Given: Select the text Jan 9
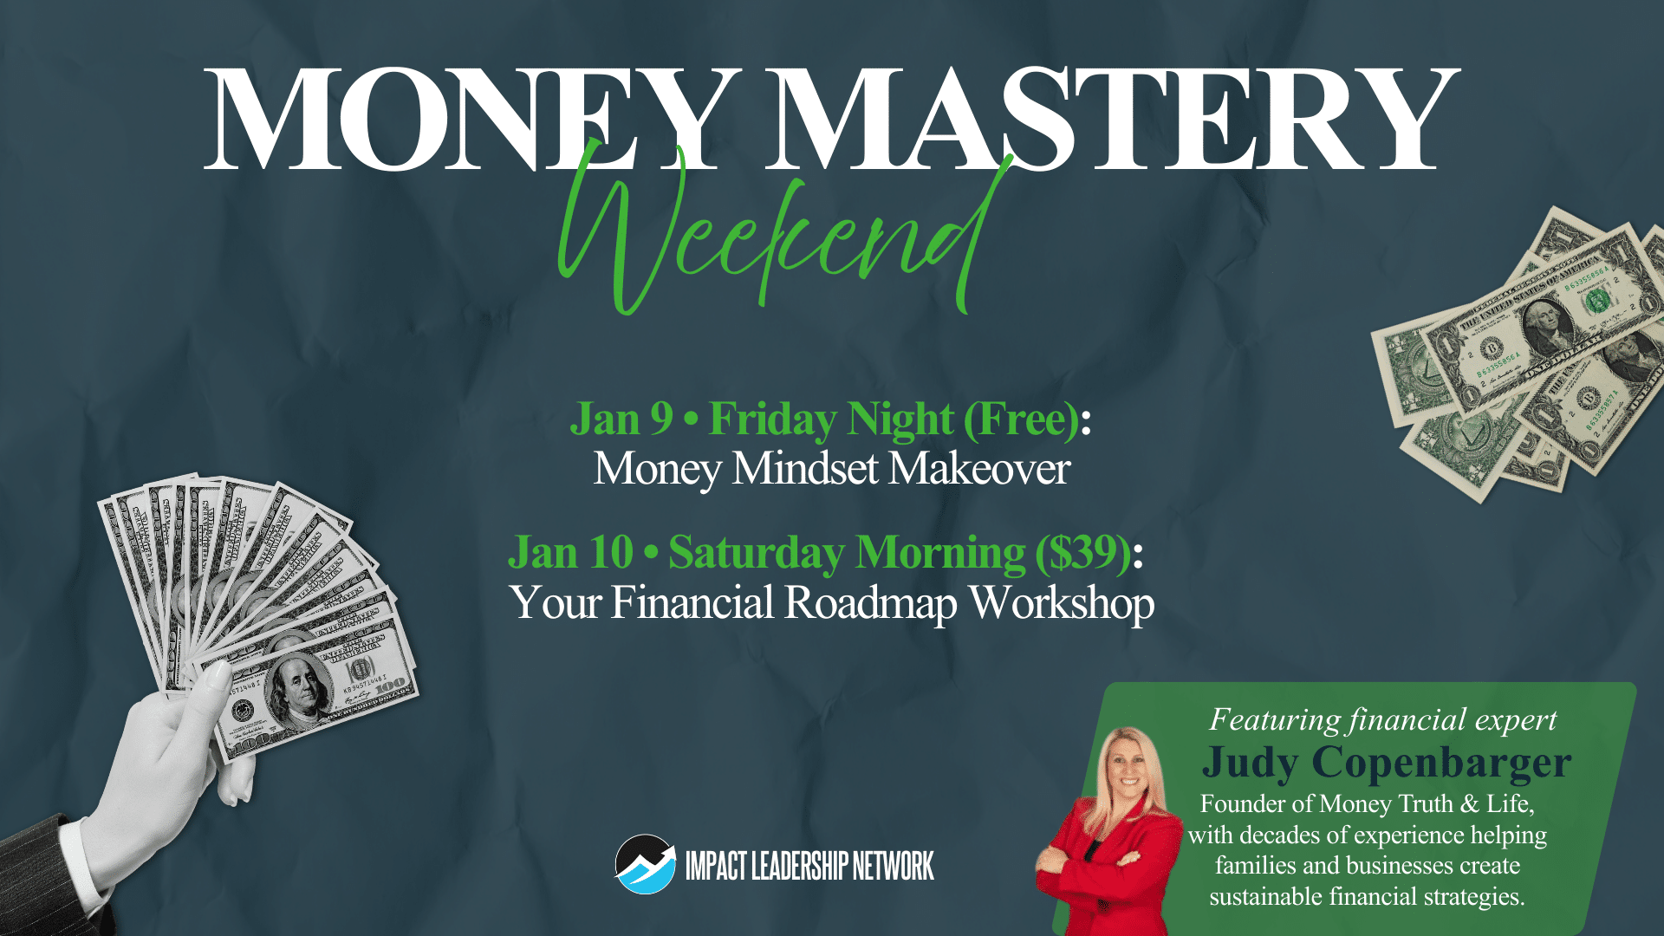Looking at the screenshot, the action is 621,419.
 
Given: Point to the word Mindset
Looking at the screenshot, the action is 805,469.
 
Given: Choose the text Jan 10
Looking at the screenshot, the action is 571,552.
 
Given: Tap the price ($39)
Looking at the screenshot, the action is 1083,553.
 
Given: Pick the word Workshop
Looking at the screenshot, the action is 1062,604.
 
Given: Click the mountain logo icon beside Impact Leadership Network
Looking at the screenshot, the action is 645,864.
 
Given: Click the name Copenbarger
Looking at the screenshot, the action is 1441,764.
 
